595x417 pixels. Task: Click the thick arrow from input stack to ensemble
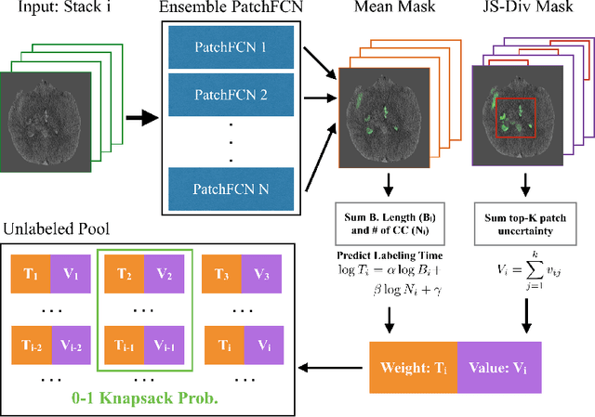[140, 118]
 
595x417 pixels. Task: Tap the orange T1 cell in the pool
[32, 274]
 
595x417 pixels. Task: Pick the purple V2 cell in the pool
[164, 274]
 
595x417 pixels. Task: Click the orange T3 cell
[220, 274]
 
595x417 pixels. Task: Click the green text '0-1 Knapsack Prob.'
[144, 402]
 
